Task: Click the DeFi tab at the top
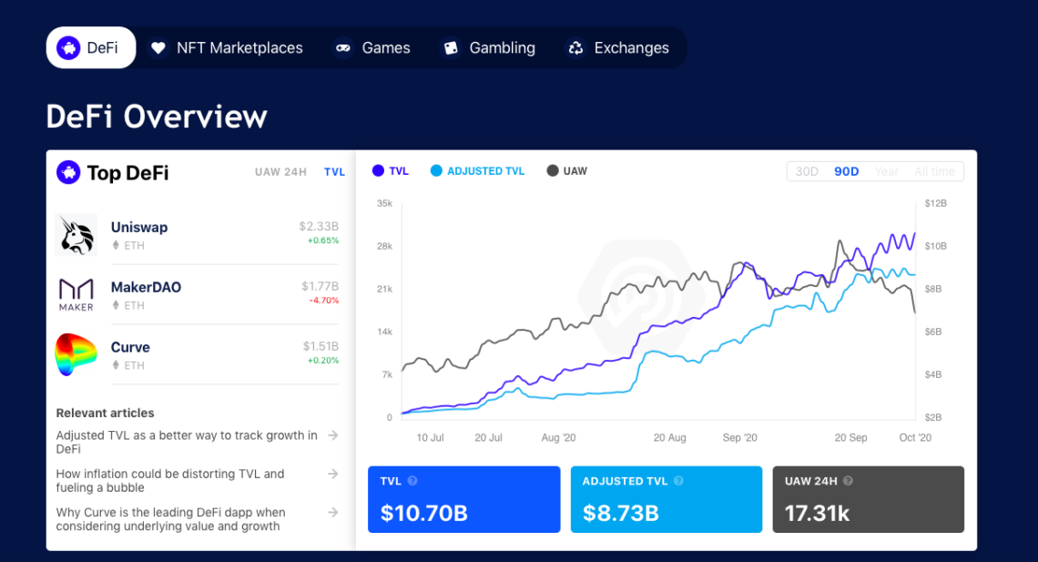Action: tap(90, 47)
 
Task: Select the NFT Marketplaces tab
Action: tap(227, 47)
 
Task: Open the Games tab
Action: tap(372, 47)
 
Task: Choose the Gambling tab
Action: tap(489, 47)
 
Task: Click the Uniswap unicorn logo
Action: tap(76, 235)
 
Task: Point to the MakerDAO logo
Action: tap(76, 294)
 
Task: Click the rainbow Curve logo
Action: tap(76, 354)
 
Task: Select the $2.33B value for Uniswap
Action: tap(319, 226)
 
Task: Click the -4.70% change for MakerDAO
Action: tap(323, 301)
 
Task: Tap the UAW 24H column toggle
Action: tap(280, 172)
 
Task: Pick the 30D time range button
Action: tap(807, 171)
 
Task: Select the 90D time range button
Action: tap(847, 171)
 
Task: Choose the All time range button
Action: tap(934, 171)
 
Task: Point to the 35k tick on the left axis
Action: tap(384, 203)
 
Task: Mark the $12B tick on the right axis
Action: tap(935, 203)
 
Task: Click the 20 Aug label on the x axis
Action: tap(669, 438)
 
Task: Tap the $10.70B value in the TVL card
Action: tap(424, 514)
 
